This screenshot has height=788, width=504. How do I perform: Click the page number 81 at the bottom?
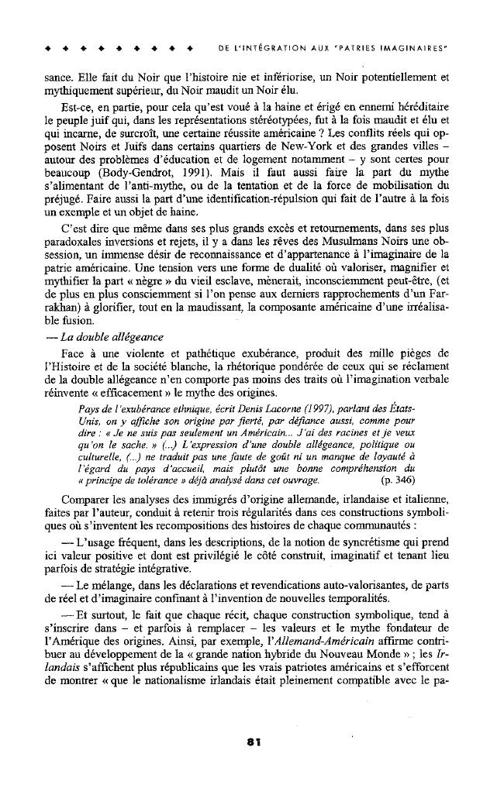[x=251, y=741]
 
